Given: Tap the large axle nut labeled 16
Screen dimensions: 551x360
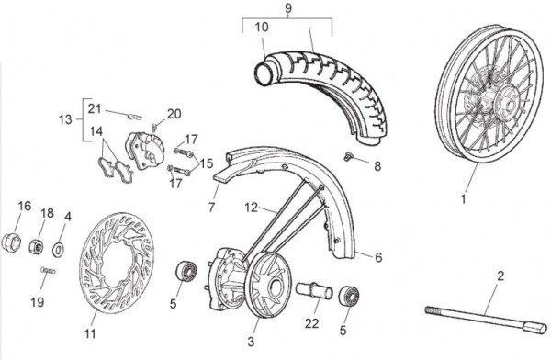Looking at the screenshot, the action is (11, 242).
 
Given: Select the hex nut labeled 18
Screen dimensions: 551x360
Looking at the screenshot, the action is (36, 246).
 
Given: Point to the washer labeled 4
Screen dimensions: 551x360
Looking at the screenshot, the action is (58, 250).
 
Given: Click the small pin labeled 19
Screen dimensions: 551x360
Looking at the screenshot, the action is (48, 270).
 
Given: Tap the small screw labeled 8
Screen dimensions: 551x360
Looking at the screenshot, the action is (348, 157).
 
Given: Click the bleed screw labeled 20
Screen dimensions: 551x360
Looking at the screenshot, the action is (154, 126).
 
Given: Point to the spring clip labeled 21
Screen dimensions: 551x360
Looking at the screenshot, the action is (135, 116).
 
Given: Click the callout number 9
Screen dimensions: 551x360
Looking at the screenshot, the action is (288, 7).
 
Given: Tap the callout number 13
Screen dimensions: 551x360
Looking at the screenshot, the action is (65, 119).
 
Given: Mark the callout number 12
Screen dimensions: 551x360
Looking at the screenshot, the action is (252, 208).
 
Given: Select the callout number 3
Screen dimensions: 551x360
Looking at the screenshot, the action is (251, 342).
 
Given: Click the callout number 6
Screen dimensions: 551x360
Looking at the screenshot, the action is (378, 257).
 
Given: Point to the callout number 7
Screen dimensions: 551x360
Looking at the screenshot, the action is (211, 208).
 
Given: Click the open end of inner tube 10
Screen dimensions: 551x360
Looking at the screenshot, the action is (264, 73).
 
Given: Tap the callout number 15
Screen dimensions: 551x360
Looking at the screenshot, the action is (207, 163).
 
